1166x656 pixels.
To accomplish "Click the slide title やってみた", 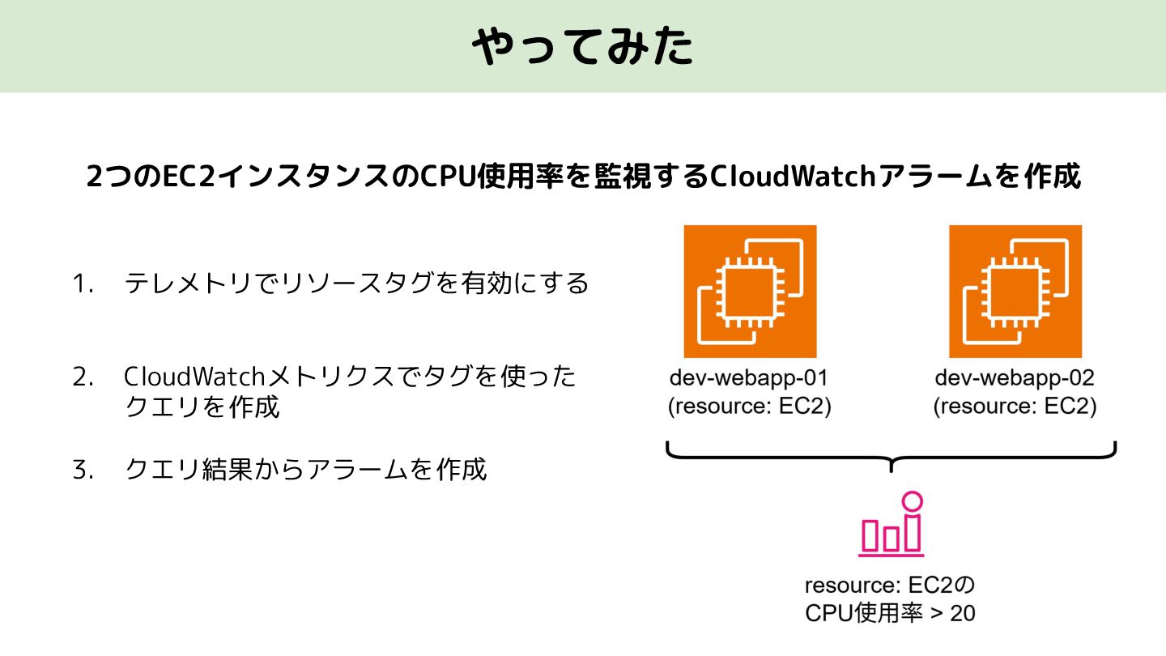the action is point(582,47).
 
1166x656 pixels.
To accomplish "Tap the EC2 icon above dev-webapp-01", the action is point(750,292).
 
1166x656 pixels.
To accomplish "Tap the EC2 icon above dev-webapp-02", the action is point(1015,292).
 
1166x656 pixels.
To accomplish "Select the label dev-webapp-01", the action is point(749,378).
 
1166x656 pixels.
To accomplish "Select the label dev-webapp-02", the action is point(1015,378).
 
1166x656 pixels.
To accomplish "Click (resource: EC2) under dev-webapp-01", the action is point(749,407).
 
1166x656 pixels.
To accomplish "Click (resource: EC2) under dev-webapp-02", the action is point(1015,407).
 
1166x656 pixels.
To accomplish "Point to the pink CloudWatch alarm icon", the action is point(891,527).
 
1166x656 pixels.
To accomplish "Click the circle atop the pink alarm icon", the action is point(913,501).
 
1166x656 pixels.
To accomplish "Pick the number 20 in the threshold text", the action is point(963,614).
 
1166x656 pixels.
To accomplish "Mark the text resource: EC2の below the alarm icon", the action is point(892,585).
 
